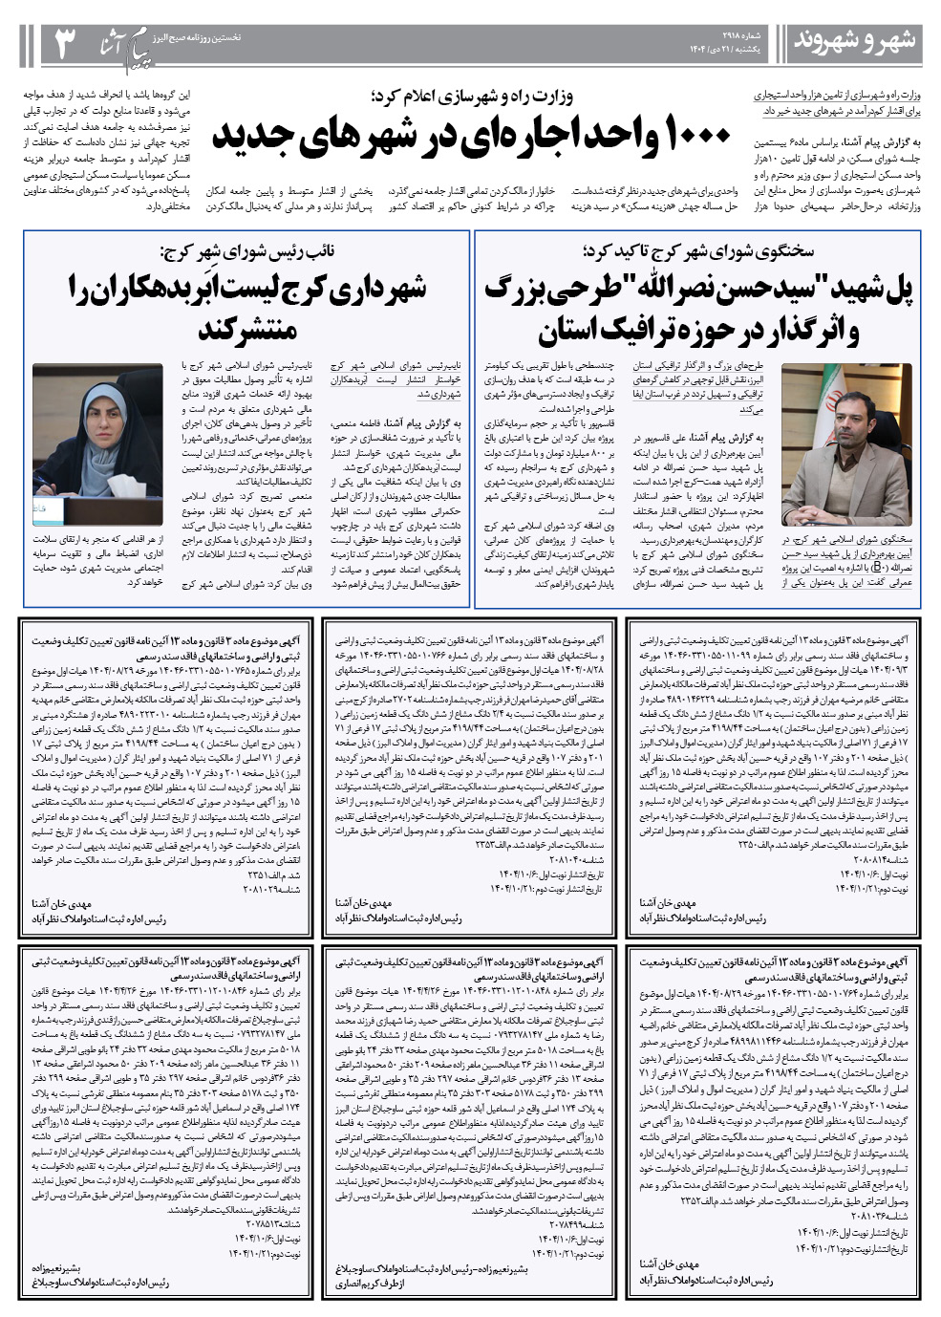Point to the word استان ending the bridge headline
click(x=572, y=331)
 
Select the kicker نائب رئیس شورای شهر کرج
click(x=247, y=252)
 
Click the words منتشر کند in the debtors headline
click(x=246, y=330)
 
